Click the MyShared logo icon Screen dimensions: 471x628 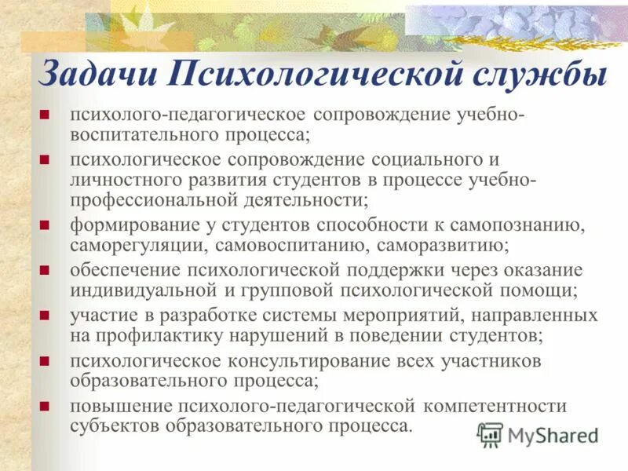491,434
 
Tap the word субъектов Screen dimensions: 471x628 110,427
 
